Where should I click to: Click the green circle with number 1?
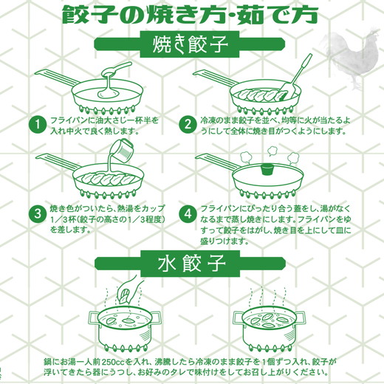coord(33,124)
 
